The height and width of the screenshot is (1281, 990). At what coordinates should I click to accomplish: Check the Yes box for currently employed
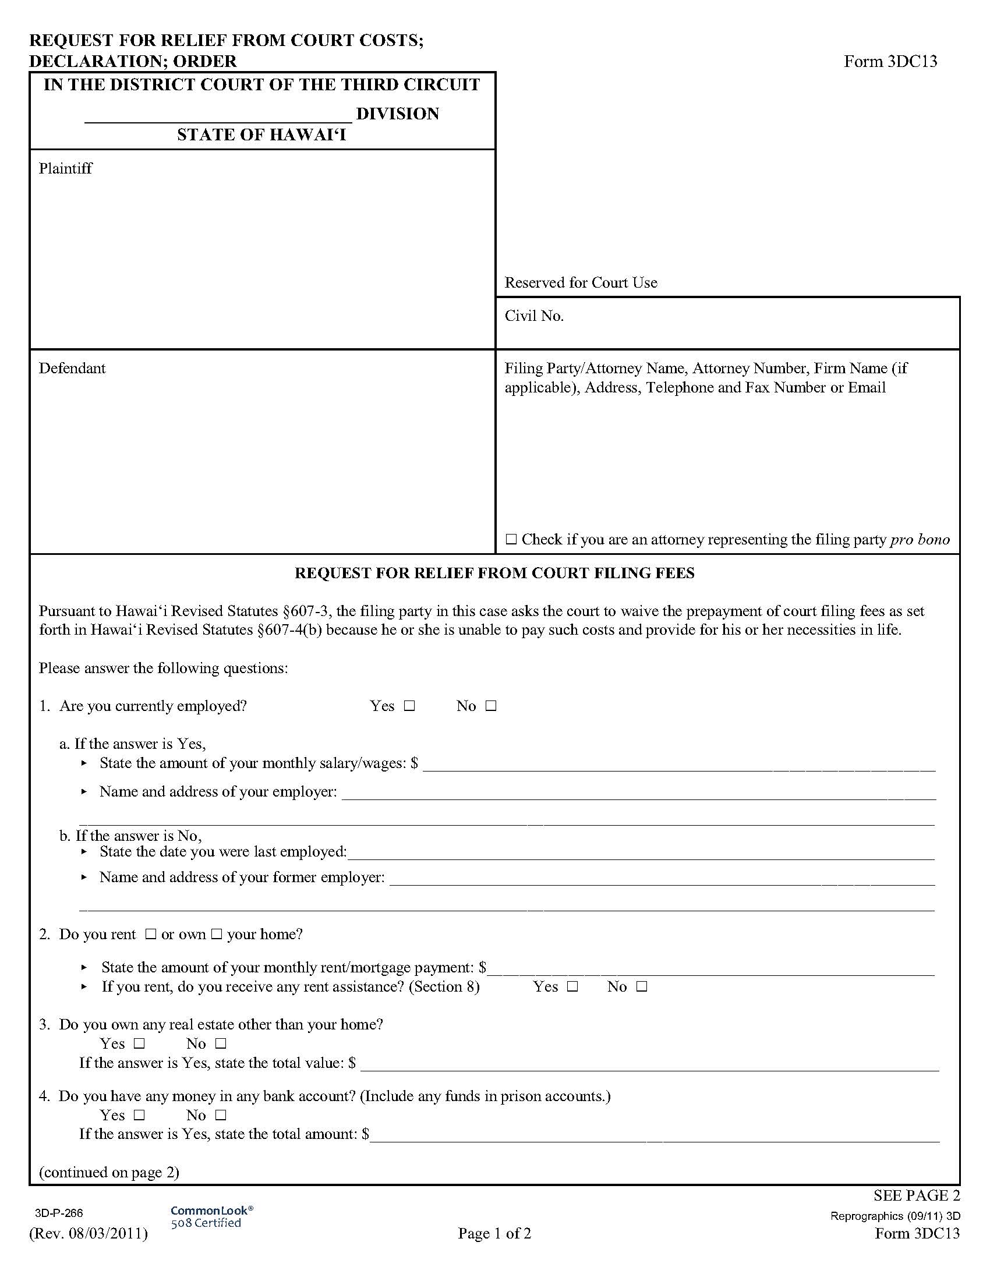coord(409,706)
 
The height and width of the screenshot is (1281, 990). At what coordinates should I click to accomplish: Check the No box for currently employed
coord(491,706)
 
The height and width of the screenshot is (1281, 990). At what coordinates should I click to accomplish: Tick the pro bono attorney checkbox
coord(511,539)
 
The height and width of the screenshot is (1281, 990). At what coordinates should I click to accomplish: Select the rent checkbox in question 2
coord(150,935)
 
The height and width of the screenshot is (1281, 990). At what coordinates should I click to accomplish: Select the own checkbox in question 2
coord(217,935)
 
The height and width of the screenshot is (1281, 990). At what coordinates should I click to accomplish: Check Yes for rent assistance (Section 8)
coord(572,987)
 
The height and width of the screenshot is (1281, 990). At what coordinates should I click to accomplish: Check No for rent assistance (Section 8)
coord(642,987)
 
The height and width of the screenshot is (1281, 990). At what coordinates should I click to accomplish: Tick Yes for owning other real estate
coord(139,1044)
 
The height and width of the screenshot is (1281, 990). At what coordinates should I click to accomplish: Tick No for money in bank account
coord(221,1115)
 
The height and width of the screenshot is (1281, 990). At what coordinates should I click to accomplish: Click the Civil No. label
coord(533,316)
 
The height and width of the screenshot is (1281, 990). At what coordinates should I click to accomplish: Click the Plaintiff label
coord(65,169)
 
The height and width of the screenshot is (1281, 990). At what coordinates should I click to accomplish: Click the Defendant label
coord(72,369)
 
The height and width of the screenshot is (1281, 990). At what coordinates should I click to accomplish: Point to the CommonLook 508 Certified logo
coord(211,1216)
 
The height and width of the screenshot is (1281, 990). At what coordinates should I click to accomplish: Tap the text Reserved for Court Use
coord(581,283)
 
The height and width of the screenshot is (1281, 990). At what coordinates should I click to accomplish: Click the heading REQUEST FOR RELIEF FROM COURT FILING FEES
coord(494,573)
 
